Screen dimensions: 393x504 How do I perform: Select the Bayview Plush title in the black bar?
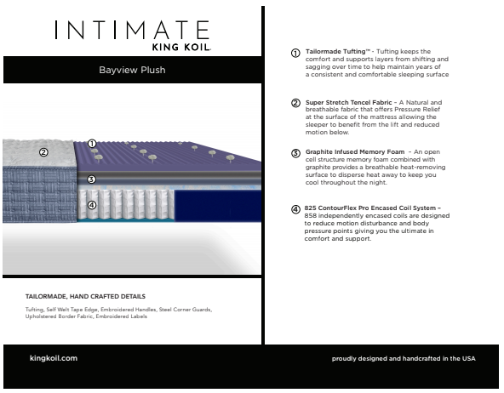pos(131,70)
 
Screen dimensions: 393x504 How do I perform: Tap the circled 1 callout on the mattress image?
pos(91,144)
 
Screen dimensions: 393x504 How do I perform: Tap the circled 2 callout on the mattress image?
pos(43,152)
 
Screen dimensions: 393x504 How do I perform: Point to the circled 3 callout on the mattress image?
pos(91,179)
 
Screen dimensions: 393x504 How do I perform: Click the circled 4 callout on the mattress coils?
pos(91,204)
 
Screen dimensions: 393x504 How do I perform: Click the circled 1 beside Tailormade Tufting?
pos(295,53)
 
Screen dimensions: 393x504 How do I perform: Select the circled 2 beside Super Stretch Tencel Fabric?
pos(295,103)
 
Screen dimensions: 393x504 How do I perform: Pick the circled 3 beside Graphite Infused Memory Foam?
pos(295,153)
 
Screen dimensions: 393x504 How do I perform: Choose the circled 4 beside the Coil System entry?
pos(295,209)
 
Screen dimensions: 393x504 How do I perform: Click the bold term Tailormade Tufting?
pos(337,51)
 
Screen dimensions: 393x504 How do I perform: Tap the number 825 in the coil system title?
pos(310,208)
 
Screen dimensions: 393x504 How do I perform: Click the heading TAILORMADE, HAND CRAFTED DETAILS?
pos(85,296)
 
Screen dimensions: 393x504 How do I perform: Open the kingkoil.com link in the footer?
pos(53,358)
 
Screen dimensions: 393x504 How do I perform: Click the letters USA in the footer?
pos(468,359)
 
